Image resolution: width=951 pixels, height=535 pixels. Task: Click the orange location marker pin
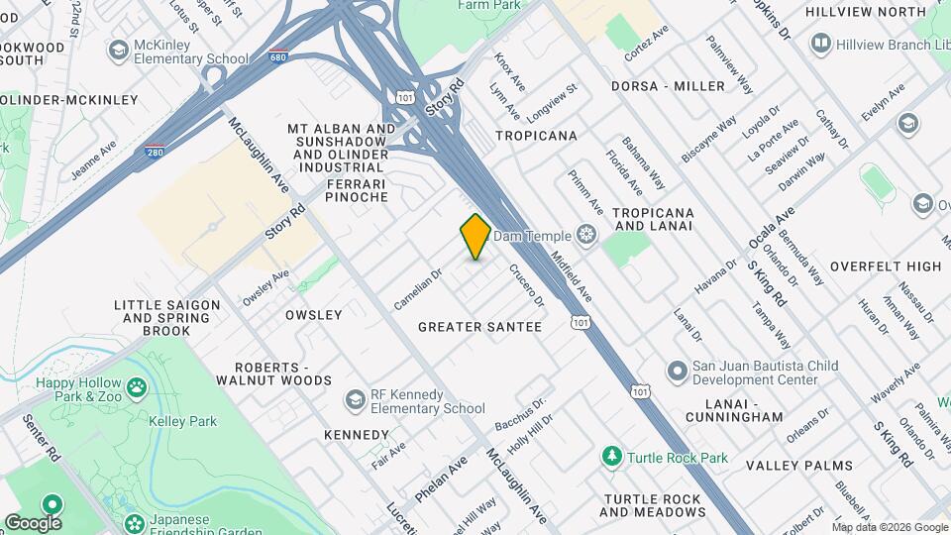tap(475, 237)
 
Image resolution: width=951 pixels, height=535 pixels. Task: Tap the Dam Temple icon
tap(587, 235)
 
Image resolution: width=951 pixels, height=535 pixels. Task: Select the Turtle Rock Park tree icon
tap(612, 457)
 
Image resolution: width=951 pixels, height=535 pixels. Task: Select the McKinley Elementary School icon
tap(118, 51)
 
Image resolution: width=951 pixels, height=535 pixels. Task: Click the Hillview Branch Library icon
tap(820, 42)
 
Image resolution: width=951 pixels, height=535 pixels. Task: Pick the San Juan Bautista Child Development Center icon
tap(678, 373)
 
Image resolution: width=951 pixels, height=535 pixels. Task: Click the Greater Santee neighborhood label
tap(479, 327)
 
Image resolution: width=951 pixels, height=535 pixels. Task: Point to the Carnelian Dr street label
tap(417, 286)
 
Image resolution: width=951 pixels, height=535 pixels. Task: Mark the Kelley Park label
tap(189, 421)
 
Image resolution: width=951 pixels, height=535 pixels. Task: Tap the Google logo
tap(32, 522)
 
